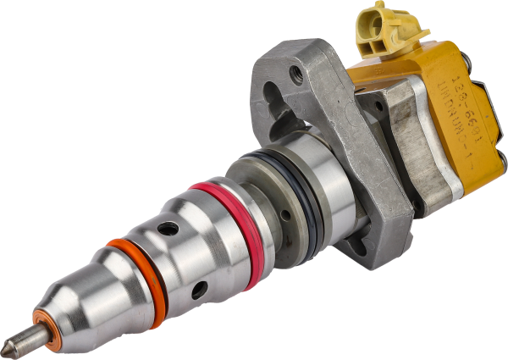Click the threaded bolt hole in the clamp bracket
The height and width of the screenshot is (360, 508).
coord(295,75)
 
